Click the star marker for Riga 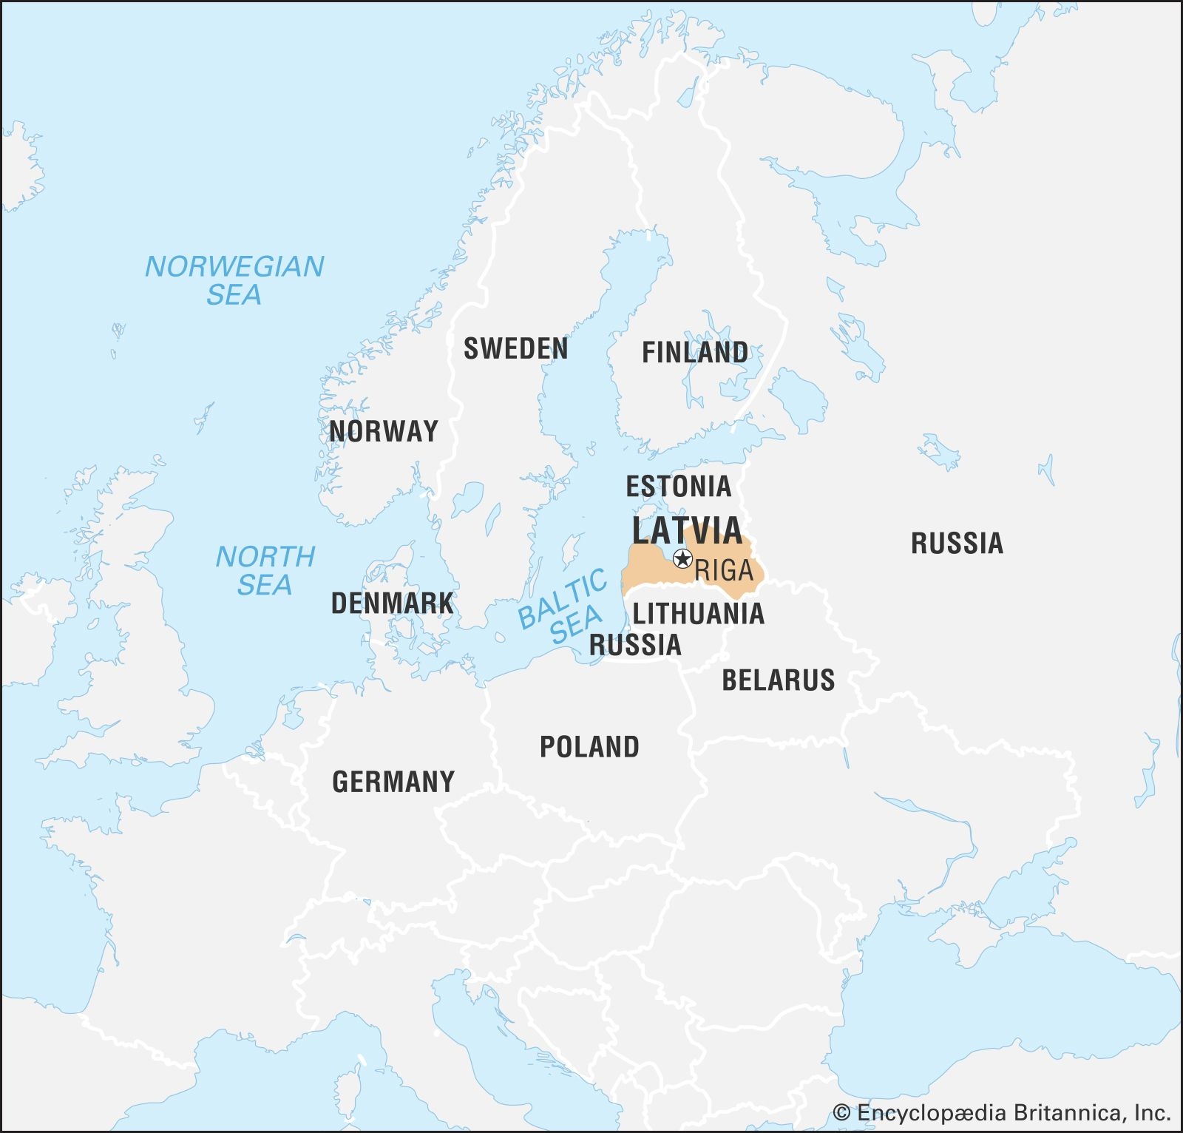(x=682, y=558)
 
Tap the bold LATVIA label (x=687, y=530)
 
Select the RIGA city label (x=724, y=570)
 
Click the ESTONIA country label (x=678, y=487)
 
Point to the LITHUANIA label (x=698, y=614)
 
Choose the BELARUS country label (x=778, y=680)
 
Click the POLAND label (x=589, y=747)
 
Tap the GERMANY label (x=393, y=782)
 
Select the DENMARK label (x=392, y=603)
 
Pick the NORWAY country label (x=383, y=431)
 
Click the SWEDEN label (x=515, y=349)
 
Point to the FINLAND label (x=694, y=353)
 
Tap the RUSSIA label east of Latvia (x=957, y=544)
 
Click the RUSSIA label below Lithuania (x=634, y=645)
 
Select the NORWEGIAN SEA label (x=234, y=280)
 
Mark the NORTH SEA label (x=265, y=570)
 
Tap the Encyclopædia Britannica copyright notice (x=1002, y=1112)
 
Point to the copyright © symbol (x=841, y=1112)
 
